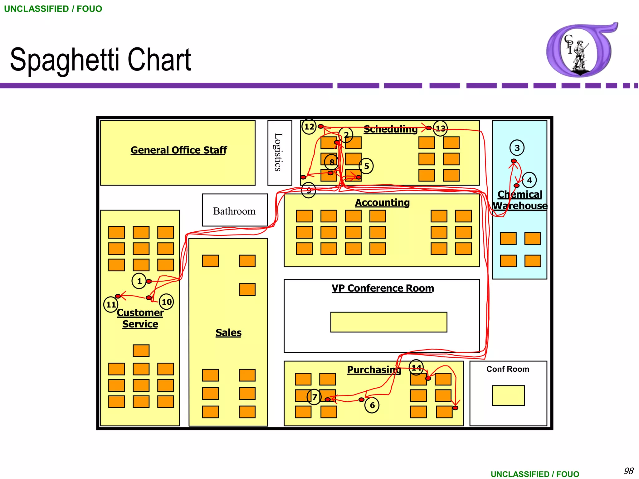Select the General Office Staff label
point(178,150)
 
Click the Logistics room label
point(278,152)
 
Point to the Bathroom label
point(234,211)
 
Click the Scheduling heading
point(390,129)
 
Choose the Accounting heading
point(382,202)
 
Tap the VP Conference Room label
point(383,288)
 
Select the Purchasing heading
point(374,370)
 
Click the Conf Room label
point(508,369)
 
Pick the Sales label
point(228,332)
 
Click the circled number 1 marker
point(139,281)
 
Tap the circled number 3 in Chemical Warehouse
point(517,148)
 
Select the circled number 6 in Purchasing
point(372,405)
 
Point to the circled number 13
point(441,128)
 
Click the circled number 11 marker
point(111,304)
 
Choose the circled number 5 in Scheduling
point(366,166)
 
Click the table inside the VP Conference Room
point(388,322)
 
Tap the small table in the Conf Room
point(508,395)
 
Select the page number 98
point(628,471)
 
